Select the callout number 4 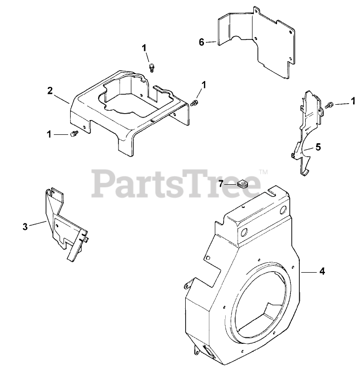tap(321, 271)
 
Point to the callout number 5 tap(318, 147)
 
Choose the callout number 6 tap(201, 42)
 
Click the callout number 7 tap(222, 184)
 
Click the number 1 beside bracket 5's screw tap(353, 101)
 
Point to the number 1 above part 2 tap(145, 47)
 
